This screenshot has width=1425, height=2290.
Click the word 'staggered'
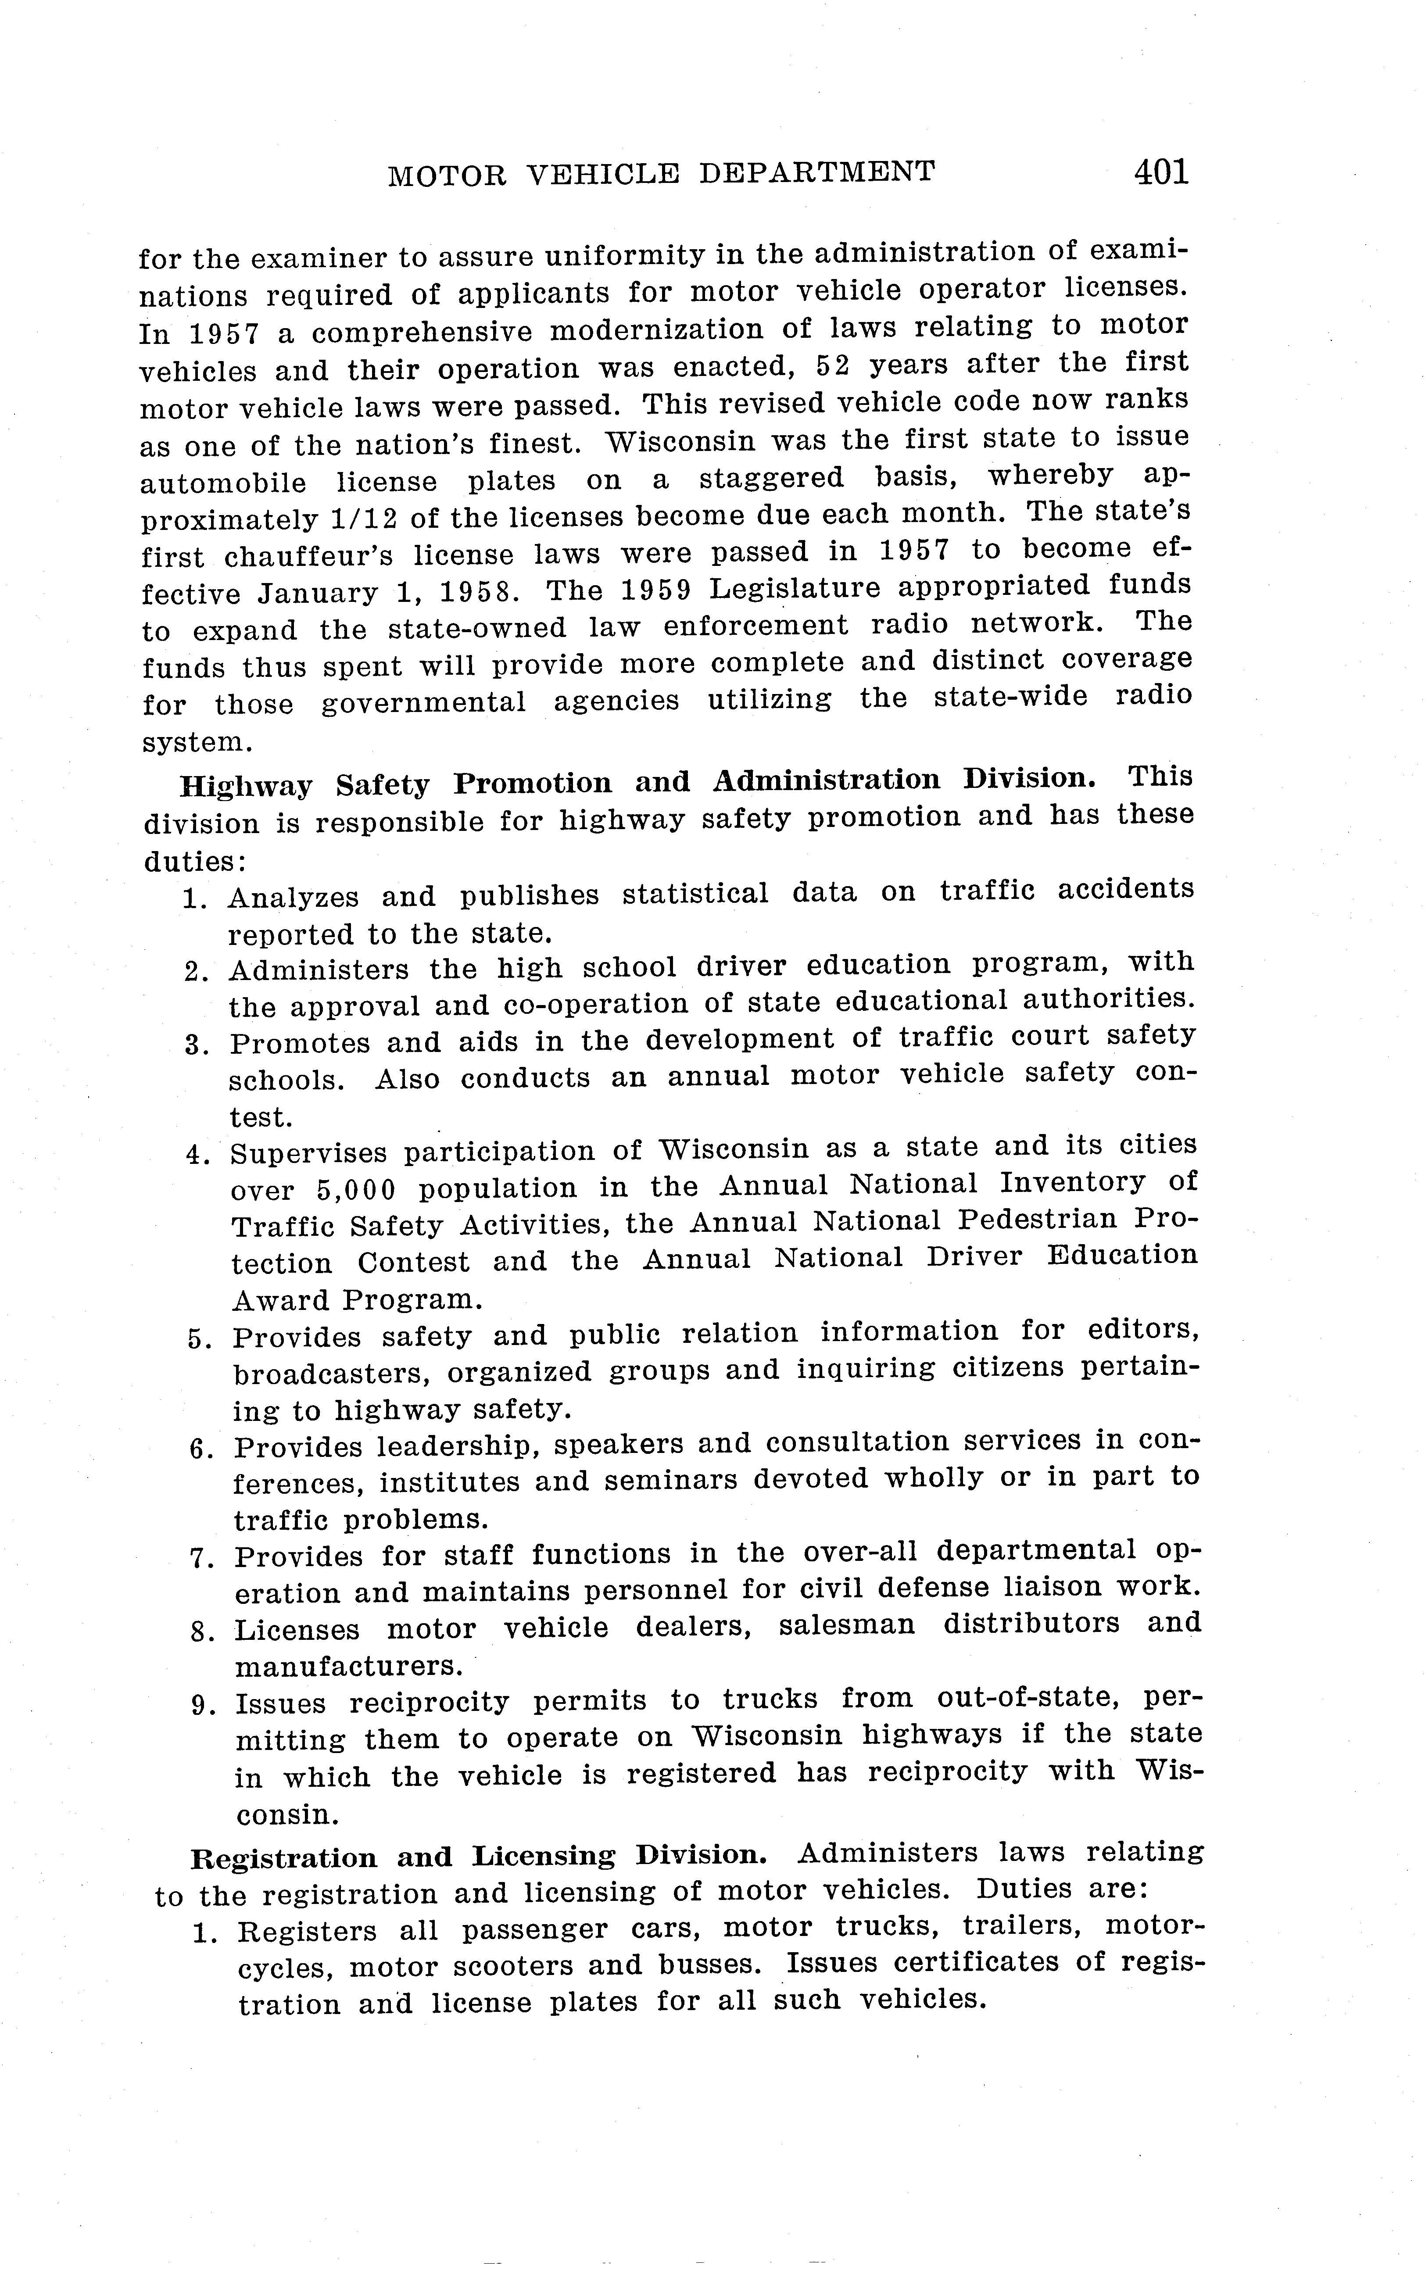[771, 478]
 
